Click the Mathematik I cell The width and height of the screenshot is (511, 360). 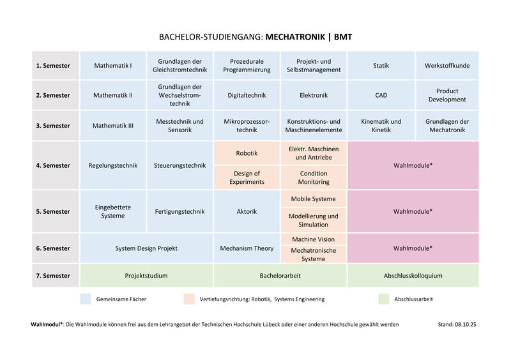click(113, 66)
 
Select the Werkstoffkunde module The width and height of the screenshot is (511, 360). click(447, 66)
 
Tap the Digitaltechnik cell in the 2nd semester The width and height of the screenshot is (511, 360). click(247, 96)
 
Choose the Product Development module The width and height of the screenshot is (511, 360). click(447, 96)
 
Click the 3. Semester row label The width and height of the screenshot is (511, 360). click(53, 126)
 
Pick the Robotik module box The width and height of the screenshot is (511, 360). click(247, 153)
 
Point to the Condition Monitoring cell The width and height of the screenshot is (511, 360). click(313, 177)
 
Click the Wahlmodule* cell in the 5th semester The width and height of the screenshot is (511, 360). click(413, 211)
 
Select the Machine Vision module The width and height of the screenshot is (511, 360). click(313, 239)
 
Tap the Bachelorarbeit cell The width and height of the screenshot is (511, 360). click(280, 276)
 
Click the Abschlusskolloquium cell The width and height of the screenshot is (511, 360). click(413, 276)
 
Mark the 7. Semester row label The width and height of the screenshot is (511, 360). click(53, 276)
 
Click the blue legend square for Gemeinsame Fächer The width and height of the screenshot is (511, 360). click(86, 299)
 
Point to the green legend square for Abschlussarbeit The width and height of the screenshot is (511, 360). click(383, 299)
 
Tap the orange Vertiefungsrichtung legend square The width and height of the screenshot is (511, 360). click(188, 299)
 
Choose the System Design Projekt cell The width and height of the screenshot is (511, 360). click(146, 248)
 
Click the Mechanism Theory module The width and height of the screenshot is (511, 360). click(247, 248)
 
